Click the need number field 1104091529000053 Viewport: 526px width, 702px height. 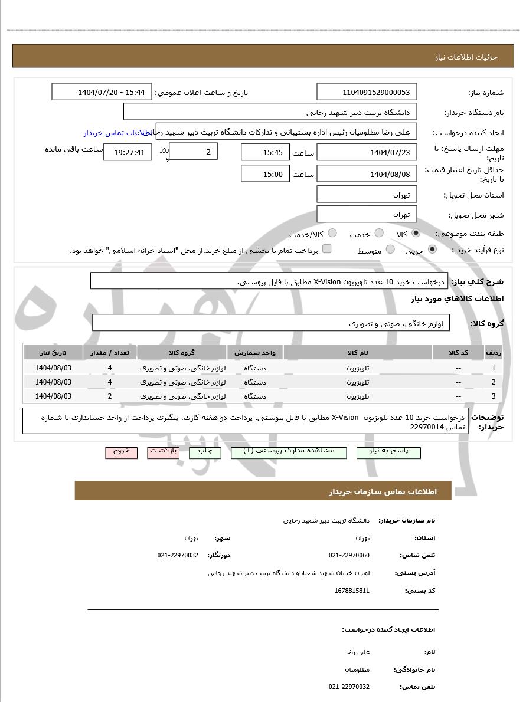[x=367, y=92]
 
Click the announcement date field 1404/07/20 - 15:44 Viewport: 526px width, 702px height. [x=102, y=92]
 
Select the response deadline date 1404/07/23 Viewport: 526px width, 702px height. [x=367, y=152]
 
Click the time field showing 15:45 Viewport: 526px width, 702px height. [x=265, y=152]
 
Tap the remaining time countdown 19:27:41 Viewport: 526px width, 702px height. [x=128, y=152]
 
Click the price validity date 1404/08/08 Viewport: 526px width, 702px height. [x=367, y=174]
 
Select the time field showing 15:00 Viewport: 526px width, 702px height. [x=265, y=174]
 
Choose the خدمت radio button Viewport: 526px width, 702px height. [x=379, y=234]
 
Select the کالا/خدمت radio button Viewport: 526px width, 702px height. [x=332, y=234]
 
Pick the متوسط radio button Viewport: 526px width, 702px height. [x=390, y=250]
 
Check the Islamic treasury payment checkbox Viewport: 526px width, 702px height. [x=326, y=249]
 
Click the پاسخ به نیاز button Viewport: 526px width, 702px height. [x=388, y=452]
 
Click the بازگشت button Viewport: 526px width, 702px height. [x=164, y=452]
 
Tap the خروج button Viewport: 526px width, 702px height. [x=121, y=452]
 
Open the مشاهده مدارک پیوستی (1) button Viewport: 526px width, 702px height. [x=289, y=452]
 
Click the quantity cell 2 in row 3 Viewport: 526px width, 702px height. [x=110, y=396]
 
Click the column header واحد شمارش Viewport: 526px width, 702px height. [x=255, y=353]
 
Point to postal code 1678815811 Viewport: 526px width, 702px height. [x=352, y=591]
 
